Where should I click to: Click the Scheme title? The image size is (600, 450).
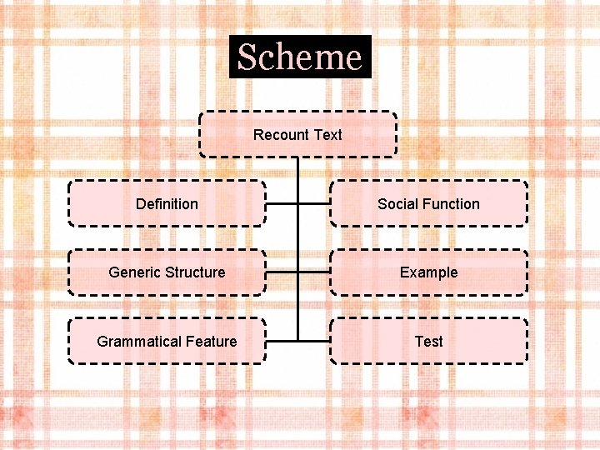300,57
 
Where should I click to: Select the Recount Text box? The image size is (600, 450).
297,134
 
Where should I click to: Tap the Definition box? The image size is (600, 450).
167,203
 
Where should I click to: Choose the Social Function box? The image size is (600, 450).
428,203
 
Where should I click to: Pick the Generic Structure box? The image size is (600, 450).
167,272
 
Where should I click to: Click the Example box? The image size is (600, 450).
428,272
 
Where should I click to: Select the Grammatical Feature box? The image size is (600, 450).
167,341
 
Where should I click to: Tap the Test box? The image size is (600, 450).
428,341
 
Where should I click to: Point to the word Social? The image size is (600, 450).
397,204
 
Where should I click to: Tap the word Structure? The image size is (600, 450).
195,272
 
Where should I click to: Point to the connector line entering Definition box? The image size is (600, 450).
282,203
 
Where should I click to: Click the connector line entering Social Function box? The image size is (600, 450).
314,203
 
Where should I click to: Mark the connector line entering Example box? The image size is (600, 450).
314,272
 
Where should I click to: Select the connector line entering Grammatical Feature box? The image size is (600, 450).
282,341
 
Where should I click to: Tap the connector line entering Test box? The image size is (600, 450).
314,341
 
